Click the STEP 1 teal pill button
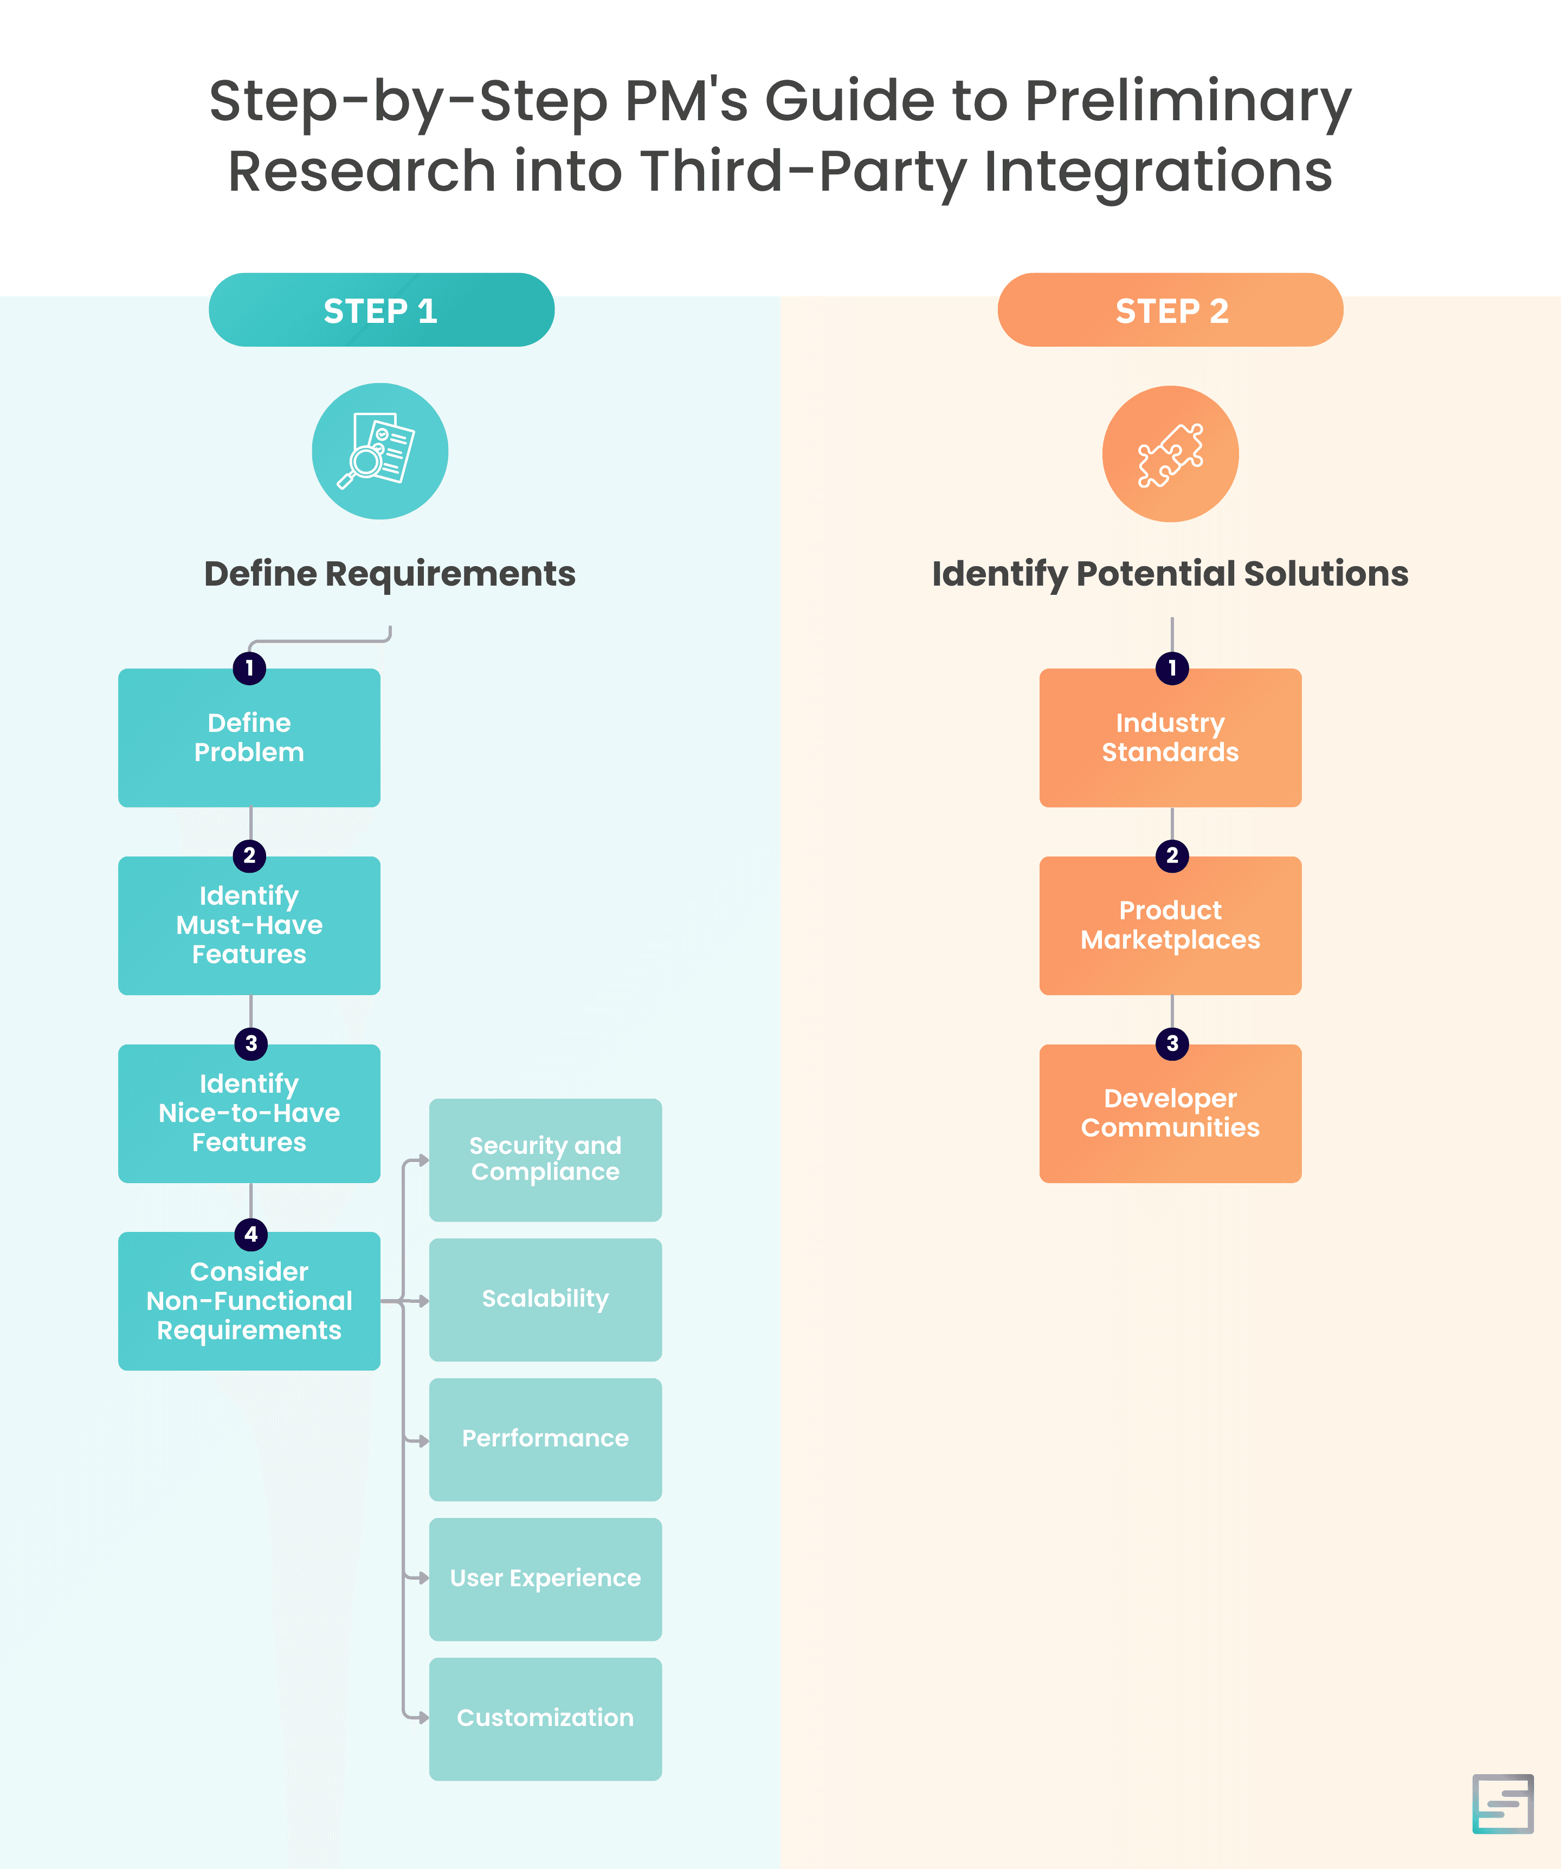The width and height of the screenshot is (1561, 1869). point(381,310)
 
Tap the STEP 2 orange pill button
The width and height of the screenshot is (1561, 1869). point(1170,310)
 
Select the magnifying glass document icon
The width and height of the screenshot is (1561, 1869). point(379,451)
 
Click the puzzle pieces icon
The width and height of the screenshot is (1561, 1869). point(1170,454)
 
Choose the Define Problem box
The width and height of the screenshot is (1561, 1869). point(249,738)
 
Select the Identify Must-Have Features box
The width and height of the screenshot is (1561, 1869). point(249,926)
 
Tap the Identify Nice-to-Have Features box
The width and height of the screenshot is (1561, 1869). point(249,1113)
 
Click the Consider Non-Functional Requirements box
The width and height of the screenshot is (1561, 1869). point(249,1301)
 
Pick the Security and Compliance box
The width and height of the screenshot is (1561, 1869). point(545,1160)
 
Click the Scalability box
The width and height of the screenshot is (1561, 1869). point(545,1300)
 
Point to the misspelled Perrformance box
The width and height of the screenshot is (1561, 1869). point(545,1439)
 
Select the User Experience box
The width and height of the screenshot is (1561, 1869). point(545,1579)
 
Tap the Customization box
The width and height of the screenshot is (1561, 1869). point(545,1718)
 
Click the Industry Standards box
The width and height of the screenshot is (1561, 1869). point(1170,738)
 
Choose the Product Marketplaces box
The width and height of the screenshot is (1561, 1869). point(1170,926)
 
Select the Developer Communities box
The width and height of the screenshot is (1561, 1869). point(1170,1113)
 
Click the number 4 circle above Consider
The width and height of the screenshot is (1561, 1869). point(251,1235)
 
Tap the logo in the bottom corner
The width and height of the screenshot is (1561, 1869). point(1502,1804)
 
